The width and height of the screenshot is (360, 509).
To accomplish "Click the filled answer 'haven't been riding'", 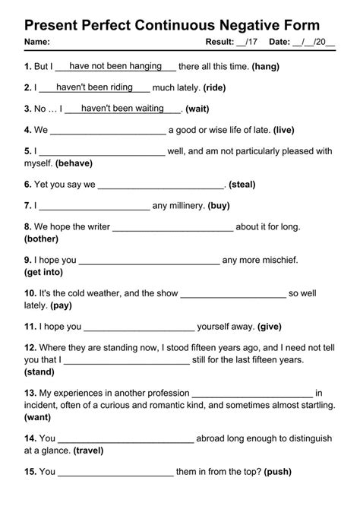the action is (94, 87).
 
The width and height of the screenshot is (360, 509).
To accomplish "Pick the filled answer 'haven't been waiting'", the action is (122, 109).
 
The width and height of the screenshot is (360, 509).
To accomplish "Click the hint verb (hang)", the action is (265, 67).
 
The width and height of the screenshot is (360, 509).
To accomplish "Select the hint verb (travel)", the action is (88, 451).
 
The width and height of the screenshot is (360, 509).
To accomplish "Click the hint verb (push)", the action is (278, 472).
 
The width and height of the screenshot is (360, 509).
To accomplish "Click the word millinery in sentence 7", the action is (178, 205).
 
